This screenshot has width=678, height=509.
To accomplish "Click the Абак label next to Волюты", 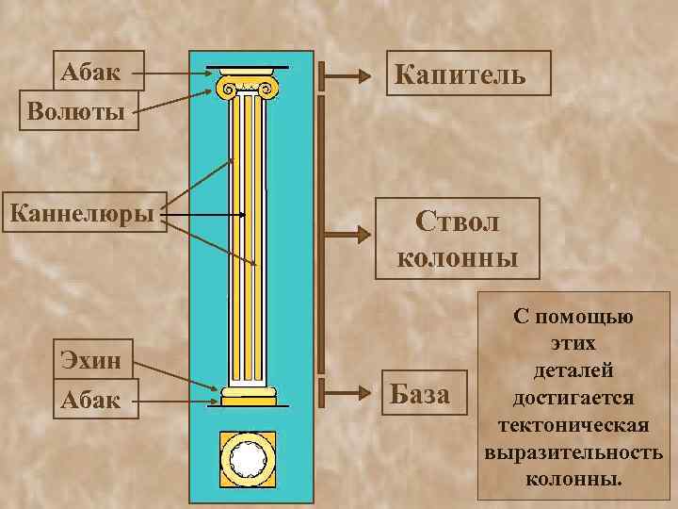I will click(97, 70).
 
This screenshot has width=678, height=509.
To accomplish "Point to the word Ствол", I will click(458, 222).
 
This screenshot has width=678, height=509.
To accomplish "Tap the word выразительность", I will click(573, 452).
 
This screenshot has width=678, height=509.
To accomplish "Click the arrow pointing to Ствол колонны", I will click(348, 231).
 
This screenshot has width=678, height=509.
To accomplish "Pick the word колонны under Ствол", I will click(458, 256).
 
